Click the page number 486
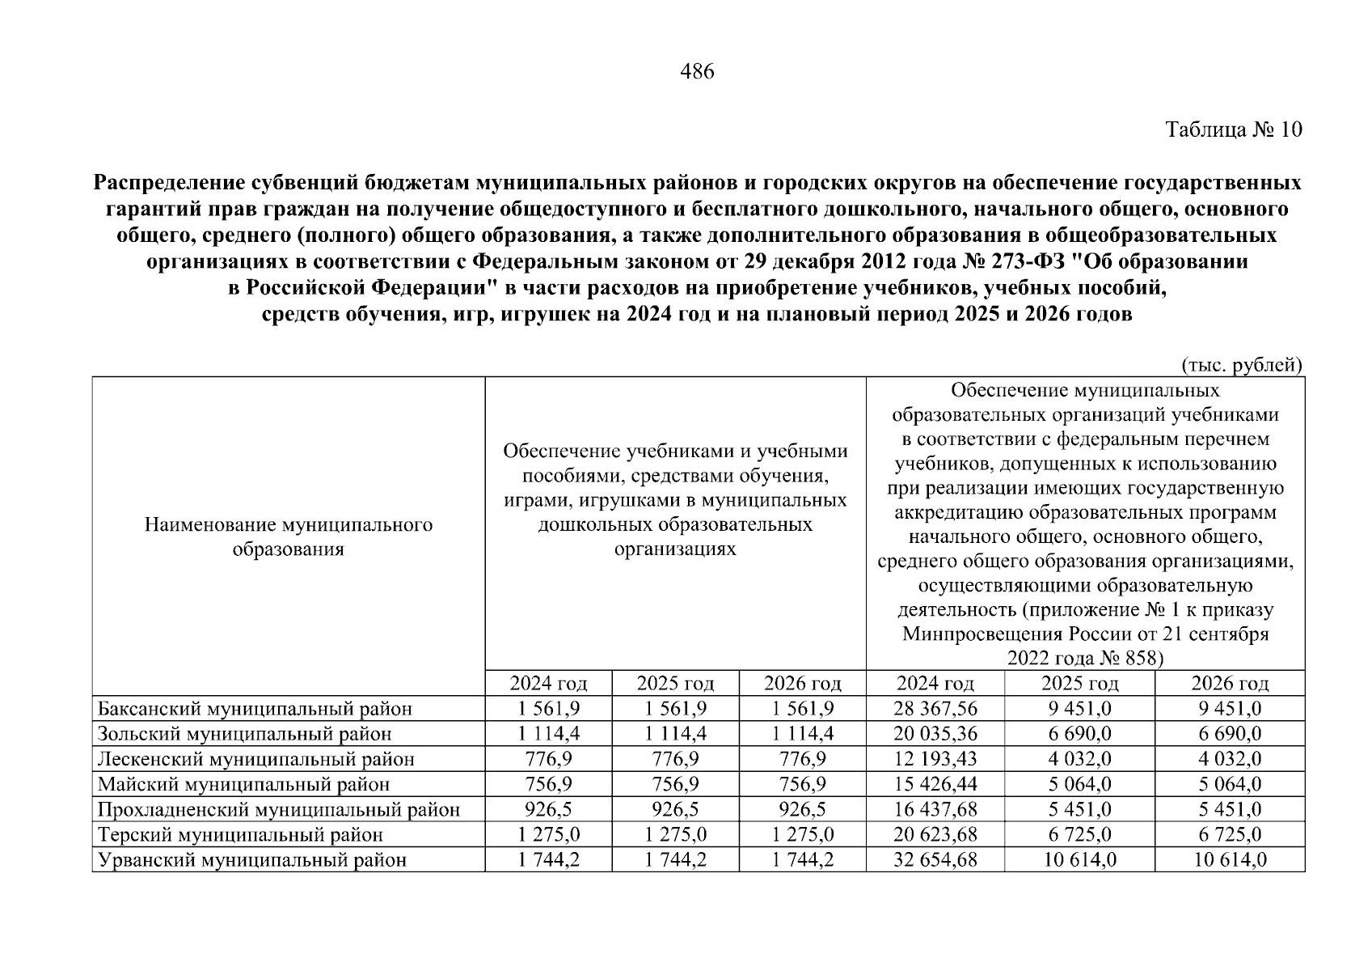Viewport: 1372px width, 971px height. point(698,72)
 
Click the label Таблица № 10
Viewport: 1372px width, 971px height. point(1234,129)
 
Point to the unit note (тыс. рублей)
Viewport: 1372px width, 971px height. point(1243,366)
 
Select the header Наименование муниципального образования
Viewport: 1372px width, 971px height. point(289,537)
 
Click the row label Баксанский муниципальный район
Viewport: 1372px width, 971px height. point(255,710)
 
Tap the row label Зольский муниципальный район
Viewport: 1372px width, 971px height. point(245,735)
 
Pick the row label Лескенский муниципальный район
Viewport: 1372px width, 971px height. point(256,760)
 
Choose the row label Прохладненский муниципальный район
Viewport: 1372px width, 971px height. point(279,810)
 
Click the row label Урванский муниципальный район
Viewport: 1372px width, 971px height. point(252,860)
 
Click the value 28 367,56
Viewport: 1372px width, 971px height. point(935,710)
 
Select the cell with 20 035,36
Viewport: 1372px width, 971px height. point(935,735)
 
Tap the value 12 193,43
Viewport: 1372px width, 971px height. point(935,760)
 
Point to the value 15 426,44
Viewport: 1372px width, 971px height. point(935,785)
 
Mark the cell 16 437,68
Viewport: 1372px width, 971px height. point(935,810)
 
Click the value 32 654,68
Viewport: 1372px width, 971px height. point(935,860)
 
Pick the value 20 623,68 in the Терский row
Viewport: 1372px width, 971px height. point(935,835)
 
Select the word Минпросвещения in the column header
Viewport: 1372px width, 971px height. point(982,634)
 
